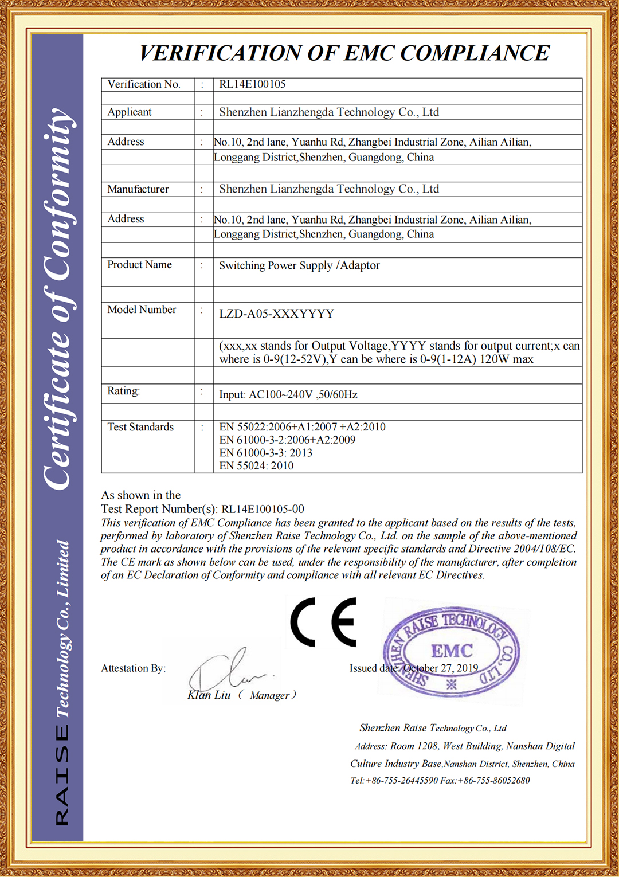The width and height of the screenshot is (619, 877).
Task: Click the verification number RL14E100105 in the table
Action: click(252, 84)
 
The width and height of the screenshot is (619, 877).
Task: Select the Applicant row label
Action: click(130, 112)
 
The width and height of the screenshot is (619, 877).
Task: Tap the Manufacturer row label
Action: click(138, 189)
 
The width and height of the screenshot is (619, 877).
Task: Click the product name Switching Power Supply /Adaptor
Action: click(299, 265)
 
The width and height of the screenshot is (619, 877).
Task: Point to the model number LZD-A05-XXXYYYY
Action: click(276, 314)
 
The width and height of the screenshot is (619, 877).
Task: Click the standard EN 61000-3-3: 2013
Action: click(265, 453)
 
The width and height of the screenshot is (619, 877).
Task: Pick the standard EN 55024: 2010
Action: click(256, 466)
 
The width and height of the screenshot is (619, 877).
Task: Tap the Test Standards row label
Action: click(140, 427)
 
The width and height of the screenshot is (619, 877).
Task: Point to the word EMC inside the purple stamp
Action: click(452, 651)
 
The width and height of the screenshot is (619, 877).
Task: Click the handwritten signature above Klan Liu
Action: click(229, 671)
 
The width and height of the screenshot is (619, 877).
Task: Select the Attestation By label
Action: click(133, 668)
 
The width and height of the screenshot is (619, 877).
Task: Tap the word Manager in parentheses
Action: click(269, 696)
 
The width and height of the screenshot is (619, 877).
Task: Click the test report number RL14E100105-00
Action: click(263, 509)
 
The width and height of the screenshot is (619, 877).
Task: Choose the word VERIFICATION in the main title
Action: click(221, 53)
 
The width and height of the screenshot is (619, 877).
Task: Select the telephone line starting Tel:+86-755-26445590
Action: click(440, 781)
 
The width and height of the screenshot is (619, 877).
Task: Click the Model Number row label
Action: click(142, 310)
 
